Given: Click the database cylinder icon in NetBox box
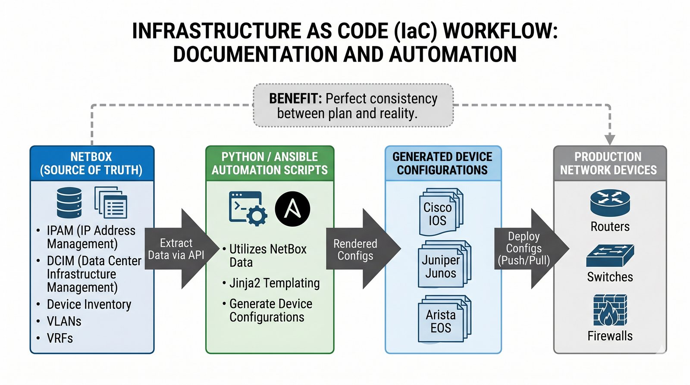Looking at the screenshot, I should [x=69, y=202].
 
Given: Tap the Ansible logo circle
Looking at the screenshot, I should [x=292, y=209].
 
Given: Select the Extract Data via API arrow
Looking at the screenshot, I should [x=177, y=249].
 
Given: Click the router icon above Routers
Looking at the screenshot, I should [x=610, y=203].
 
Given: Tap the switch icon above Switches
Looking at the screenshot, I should [x=610, y=256].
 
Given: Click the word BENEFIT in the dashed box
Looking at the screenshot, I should [x=295, y=99].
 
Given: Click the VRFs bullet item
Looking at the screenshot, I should [x=60, y=338].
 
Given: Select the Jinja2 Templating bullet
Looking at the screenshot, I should [x=274, y=283].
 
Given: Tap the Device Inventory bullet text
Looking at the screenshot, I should [x=89, y=304].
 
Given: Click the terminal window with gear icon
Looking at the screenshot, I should [x=247, y=209].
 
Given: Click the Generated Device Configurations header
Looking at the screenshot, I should [x=442, y=163].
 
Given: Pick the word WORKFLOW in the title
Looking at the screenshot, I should [x=500, y=31].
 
